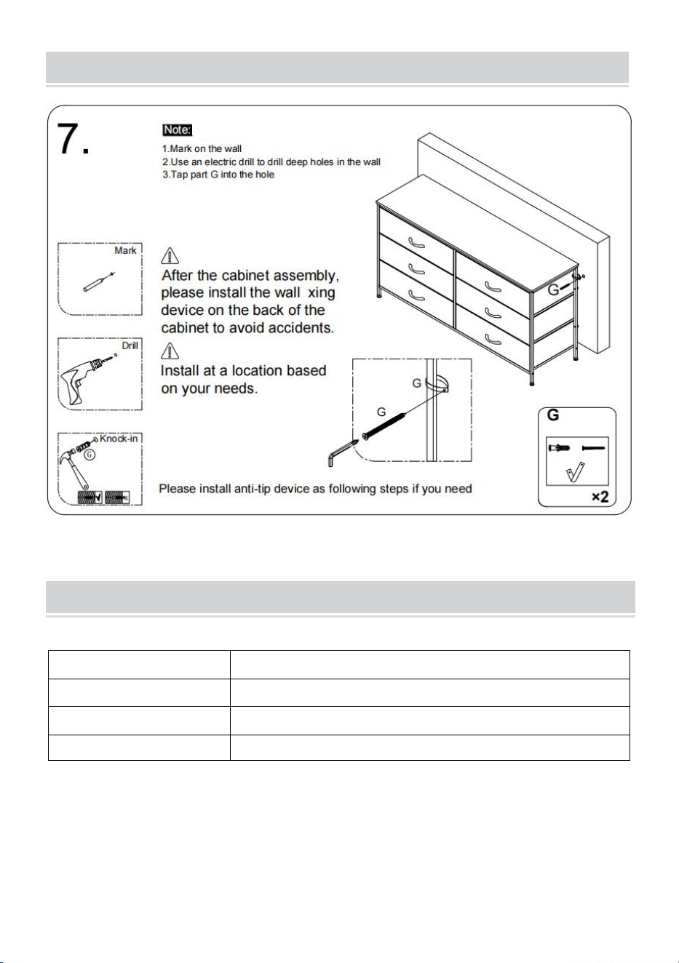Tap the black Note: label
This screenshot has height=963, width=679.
(x=178, y=130)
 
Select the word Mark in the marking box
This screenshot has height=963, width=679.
(x=125, y=251)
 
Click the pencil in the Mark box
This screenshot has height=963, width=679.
(x=100, y=282)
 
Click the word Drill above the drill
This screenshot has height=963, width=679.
(x=130, y=345)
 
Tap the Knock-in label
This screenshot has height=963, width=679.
(x=119, y=439)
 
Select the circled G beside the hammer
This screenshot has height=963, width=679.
(x=90, y=455)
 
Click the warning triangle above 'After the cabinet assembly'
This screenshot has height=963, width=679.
(x=170, y=255)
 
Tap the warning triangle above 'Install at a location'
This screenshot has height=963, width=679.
(x=170, y=351)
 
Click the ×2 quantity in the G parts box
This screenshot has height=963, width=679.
(x=600, y=497)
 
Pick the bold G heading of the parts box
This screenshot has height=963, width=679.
(x=553, y=415)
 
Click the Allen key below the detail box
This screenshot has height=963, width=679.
(x=343, y=452)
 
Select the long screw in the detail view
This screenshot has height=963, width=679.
(x=384, y=426)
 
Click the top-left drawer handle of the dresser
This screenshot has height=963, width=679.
(x=416, y=243)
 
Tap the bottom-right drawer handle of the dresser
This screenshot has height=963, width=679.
(x=493, y=340)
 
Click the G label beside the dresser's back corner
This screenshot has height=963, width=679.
(x=553, y=290)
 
